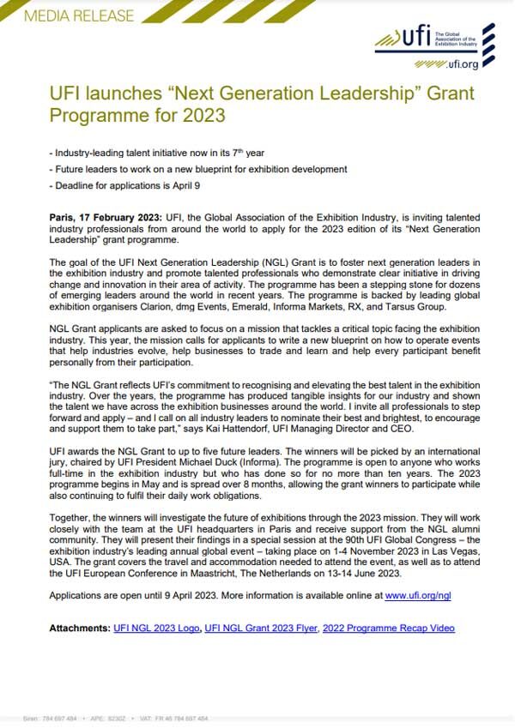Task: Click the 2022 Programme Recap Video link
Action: (x=388, y=629)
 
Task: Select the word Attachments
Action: (x=80, y=629)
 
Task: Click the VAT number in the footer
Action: (x=167, y=717)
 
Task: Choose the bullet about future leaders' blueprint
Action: (x=200, y=169)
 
